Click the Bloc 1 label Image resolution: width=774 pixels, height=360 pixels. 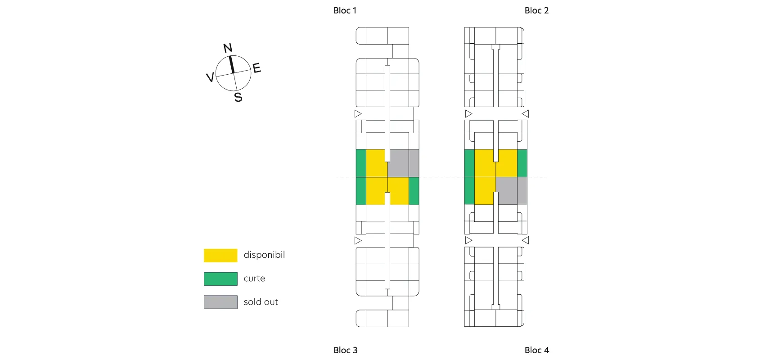click(x=345, y=10)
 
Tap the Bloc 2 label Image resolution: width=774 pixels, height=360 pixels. click(x=536, y=10)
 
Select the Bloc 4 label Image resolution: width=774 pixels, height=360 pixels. click(x=536, y=350)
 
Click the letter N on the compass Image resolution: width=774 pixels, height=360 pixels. click(x=228, y=48)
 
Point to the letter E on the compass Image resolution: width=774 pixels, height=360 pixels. click(x=256, y=68)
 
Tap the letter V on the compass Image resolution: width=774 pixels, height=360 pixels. click(x=210, y=77)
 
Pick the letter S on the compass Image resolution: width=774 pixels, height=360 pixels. click(x=238, y=97)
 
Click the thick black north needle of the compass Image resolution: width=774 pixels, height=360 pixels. click(x=231, y=64)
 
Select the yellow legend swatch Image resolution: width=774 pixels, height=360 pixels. click(x=220, y=255)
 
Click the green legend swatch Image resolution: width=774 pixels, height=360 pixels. click(x=220, y=279)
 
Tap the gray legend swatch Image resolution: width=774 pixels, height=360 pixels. click(x=220, y=302)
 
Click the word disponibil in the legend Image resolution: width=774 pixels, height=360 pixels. click(x=264, y=255)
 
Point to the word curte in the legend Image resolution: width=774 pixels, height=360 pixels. click(x=254, y=279)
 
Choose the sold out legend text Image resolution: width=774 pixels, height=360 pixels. click(x=261, y=302)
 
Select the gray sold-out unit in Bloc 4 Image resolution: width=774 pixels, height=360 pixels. click(x=511, y=190)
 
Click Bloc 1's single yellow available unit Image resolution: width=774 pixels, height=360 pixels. click(x=376, y=163)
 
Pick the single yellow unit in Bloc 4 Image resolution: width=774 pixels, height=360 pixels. click(x=485, y=190)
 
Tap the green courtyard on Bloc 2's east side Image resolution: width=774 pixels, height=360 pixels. click(x=522, y=163)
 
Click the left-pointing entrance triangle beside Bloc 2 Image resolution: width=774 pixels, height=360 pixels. click(x=525, y=114)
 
